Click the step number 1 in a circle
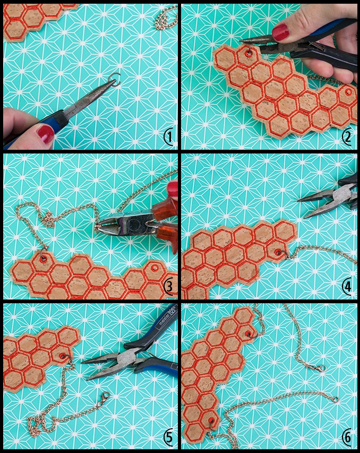(169, 137)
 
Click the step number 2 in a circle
(347, 137)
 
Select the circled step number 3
(169, 286)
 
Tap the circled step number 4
(347, 286)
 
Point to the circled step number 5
(169, 437)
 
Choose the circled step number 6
(347, 437)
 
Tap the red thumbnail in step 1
(46, 133)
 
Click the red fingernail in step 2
(280, 32)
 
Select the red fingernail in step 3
(173, 188)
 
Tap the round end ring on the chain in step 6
(336, 400)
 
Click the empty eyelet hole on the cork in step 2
(348, 92)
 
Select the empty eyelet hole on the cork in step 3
(154, 267)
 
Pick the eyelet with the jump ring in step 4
(278, 252)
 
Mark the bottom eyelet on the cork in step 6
(212, 420)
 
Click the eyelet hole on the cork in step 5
(62, 356)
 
